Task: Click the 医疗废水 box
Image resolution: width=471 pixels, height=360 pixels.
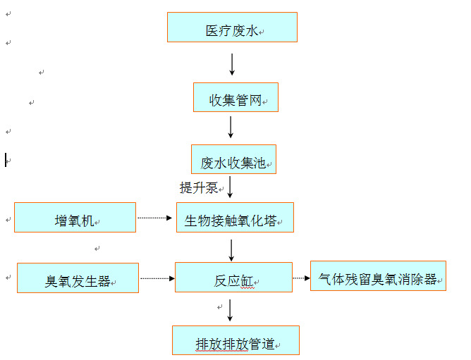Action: (x=232, y=27)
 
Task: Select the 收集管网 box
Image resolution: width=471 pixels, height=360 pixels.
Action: (x=235, y=97)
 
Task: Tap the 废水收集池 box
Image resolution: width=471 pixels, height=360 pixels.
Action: (x=233, y=160)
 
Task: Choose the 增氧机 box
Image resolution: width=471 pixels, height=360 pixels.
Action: (x=75, y=218)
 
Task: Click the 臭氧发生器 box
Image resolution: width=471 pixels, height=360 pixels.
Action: (x=78, y=278)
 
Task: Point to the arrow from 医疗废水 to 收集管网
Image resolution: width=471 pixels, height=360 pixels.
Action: (x=232, y=64)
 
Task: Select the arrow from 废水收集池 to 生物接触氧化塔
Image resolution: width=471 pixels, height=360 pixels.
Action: (x=231, y=187)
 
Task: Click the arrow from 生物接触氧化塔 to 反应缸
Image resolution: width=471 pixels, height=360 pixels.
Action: (x=231, y=249)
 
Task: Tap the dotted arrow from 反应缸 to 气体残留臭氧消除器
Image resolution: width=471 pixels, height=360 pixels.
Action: (x=301, y=278)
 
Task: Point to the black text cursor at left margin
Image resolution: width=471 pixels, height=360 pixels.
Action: (x=6, y=160)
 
